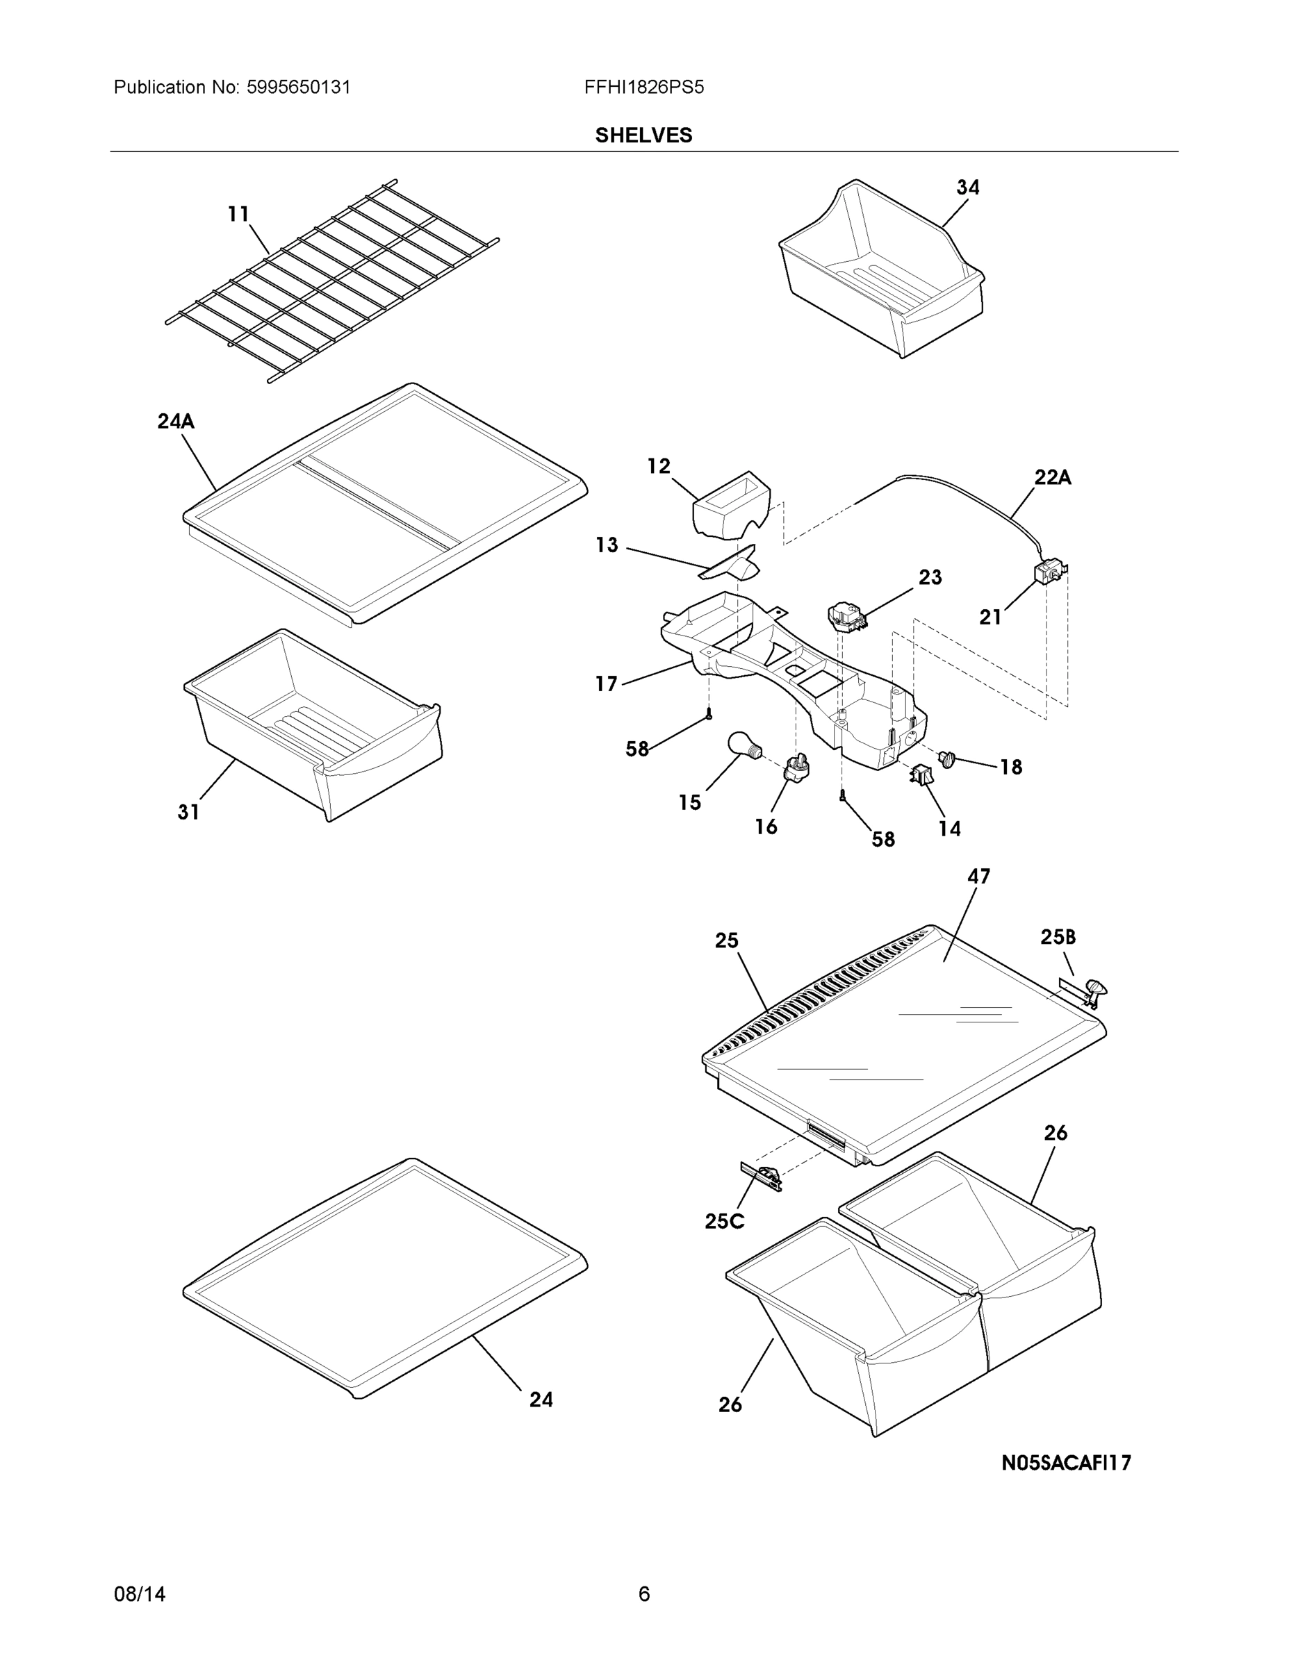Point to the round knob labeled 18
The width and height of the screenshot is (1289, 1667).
tap(948, 758)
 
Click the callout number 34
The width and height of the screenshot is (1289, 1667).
tap(967, 187)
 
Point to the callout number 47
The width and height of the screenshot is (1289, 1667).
tap(978, 877)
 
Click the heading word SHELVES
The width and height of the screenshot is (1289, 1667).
tap(643, 135)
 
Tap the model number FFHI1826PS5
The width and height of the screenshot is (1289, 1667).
tap(643, 87)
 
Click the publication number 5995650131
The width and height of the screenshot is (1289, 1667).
tap(299, 87)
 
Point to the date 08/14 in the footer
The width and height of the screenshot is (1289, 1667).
tap(140, 1594)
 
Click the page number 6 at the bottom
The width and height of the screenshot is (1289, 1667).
tap(643, 1594)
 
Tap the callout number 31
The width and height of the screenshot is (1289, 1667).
tap(188, 812)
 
